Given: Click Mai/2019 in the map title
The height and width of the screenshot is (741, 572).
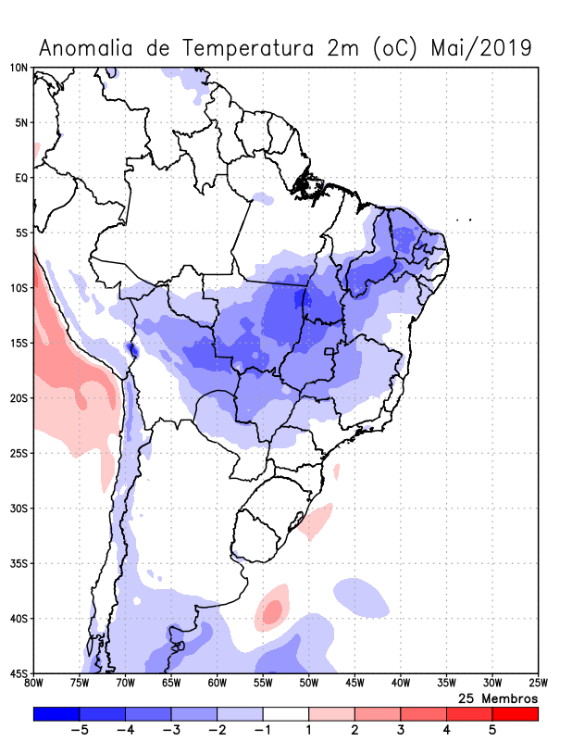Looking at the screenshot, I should coord(481,48).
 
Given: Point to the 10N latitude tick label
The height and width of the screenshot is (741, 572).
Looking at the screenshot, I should coord(19,68).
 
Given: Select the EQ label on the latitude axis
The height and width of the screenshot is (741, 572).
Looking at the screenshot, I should coord(20,178).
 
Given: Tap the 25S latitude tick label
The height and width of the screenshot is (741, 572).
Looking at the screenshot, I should coord(19,453).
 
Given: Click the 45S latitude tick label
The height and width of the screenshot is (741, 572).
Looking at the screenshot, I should coord(19,673).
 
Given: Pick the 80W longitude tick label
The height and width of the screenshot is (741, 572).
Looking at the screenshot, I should coord(34,684).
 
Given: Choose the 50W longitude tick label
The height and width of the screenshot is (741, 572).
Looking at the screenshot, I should coord(309,684).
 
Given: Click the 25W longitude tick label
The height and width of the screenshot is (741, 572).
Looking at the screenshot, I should coord(538,684).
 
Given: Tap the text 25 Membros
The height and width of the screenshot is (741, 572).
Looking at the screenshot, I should coord(498,697).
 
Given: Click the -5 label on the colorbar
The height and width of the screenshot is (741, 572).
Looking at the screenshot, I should coord(79,730).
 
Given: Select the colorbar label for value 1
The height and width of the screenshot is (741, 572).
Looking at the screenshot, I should coord(308,730).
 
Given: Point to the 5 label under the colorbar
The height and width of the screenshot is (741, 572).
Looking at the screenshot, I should coord(492,730).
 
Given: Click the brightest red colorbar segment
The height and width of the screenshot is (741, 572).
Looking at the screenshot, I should coord(515,714).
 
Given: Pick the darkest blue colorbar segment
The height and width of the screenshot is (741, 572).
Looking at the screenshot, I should coord(56,714).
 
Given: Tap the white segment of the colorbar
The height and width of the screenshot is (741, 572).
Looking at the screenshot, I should coord(285,714).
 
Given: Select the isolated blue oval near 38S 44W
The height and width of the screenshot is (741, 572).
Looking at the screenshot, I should coord(361,597).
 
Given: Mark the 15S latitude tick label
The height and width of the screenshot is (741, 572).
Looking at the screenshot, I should coord(19,343).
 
